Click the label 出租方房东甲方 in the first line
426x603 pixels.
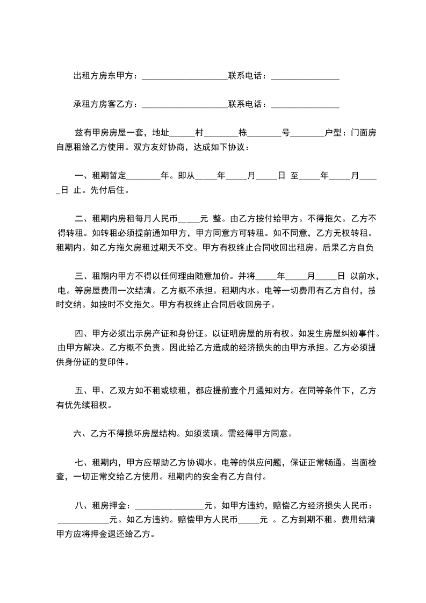pos(105,76)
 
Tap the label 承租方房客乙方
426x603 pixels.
pos(105,104)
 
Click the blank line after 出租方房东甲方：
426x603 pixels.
pos(185,77)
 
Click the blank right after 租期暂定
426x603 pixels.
pos(145,176)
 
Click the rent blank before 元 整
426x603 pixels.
pos(189,219)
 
